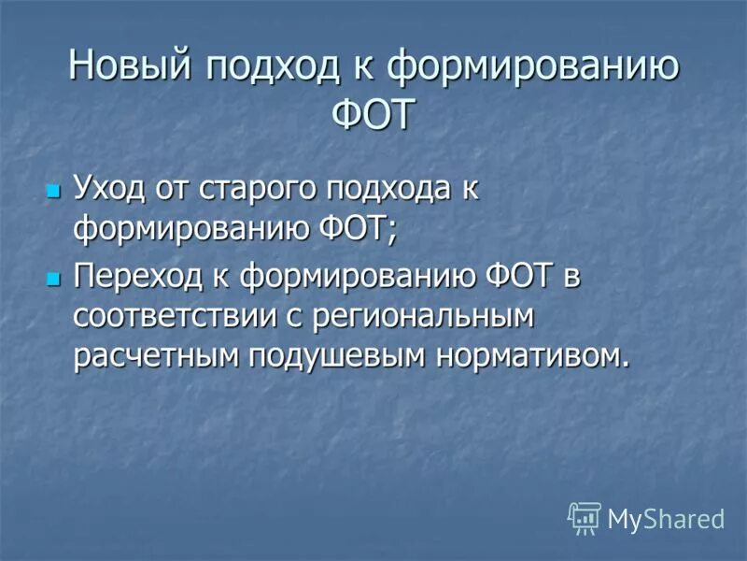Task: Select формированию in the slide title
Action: (x=533, y=67)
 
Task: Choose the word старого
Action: (x=260, y=190)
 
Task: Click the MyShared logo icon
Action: (x=584, y=517)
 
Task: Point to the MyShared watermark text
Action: (x=666, y=518)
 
